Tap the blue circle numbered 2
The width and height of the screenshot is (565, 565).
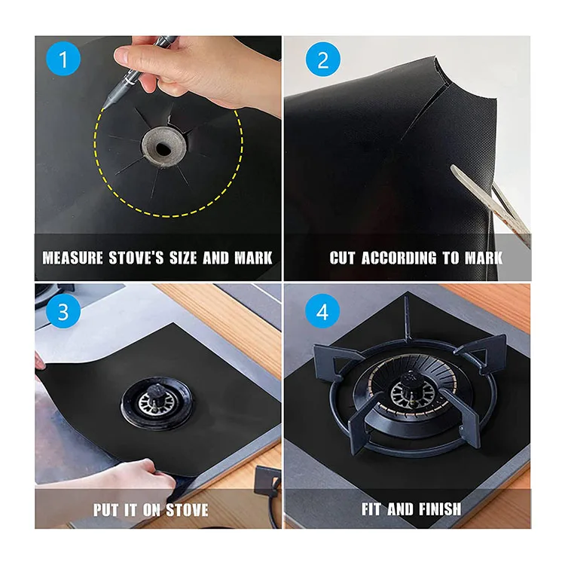click(x=323, y=60)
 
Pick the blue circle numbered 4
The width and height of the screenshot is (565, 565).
click(x=323, y=311)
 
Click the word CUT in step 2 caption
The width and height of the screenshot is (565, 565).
click(x=344, y=258)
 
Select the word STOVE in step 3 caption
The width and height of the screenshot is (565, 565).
click(x=186, y=509)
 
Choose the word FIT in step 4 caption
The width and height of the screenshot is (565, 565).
click(x=371, y=509)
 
